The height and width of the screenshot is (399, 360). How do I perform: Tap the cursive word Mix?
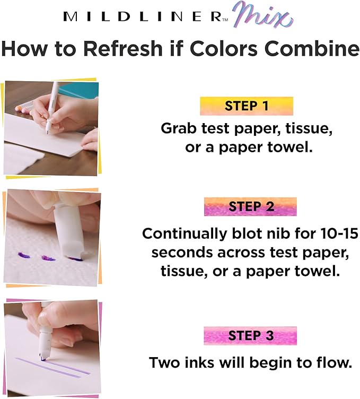click(263, 15)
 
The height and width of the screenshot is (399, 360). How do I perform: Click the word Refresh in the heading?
click(123, 48)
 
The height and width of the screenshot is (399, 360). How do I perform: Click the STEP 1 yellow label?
click(247, 106)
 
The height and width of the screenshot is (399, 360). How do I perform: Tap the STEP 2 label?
click(250, 206)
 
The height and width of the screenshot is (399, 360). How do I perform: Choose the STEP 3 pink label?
click(250, 335)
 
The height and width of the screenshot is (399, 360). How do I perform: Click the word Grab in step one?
click(179, 128)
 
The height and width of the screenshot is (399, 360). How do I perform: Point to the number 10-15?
click(339, 233)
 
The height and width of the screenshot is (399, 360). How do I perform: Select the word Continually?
click(185, 233)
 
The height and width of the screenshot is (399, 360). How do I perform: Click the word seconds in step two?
click(182, 253)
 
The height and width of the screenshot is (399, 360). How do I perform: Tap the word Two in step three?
click(165, 362)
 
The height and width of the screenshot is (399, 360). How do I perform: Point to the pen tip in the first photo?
click(47, 132)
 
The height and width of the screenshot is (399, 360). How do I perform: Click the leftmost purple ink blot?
click(23, 255)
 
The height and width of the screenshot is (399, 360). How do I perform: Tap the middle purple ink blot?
click(48, 258)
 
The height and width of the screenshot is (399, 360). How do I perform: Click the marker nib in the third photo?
click(42, 358)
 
